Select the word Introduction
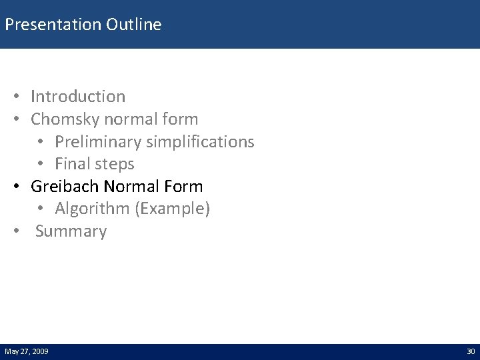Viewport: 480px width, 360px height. pos(78,97)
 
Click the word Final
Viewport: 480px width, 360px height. pos(73,164)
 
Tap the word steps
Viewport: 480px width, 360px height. pos(115,164)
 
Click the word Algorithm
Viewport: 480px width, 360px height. pos(92,209)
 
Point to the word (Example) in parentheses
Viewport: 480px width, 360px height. pos(172,209)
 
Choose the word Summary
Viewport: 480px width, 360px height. pos(71,231)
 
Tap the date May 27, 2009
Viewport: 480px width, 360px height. pos(26,351)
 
